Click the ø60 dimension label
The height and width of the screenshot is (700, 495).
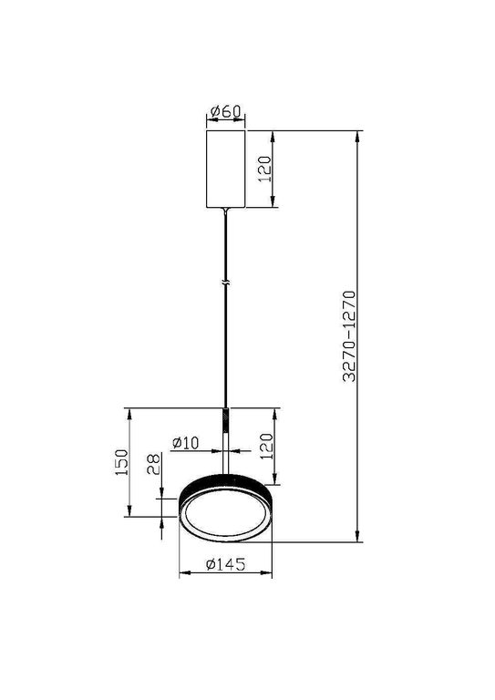(224, 112)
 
